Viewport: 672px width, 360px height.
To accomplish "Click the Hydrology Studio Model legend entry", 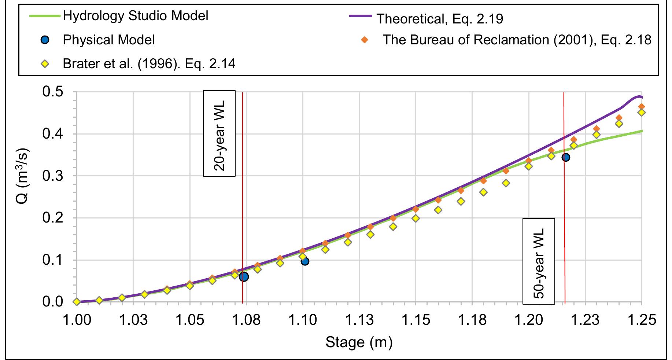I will coord(135,16).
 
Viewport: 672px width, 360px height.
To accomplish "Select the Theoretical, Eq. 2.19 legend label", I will coord(440,19).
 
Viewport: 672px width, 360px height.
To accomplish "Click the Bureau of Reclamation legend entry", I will coord(517,40).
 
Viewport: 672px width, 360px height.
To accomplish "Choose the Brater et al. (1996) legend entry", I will coord(149,64).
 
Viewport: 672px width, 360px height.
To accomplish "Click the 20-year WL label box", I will coord(219,133).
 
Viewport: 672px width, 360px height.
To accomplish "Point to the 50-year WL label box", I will coord(538,261).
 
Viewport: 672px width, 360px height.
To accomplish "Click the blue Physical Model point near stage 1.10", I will coord(304,261).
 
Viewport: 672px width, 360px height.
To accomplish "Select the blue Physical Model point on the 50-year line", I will coord(565,157).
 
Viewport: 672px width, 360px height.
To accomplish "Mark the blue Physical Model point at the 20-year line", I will coord(244,277).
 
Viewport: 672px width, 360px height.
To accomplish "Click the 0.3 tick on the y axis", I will coord(53,176).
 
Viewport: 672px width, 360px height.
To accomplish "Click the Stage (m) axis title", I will coord(359,342).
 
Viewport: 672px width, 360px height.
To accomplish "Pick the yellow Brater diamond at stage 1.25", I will coord(642,113).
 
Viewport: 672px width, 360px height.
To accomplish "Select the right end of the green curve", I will coord(642,131).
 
